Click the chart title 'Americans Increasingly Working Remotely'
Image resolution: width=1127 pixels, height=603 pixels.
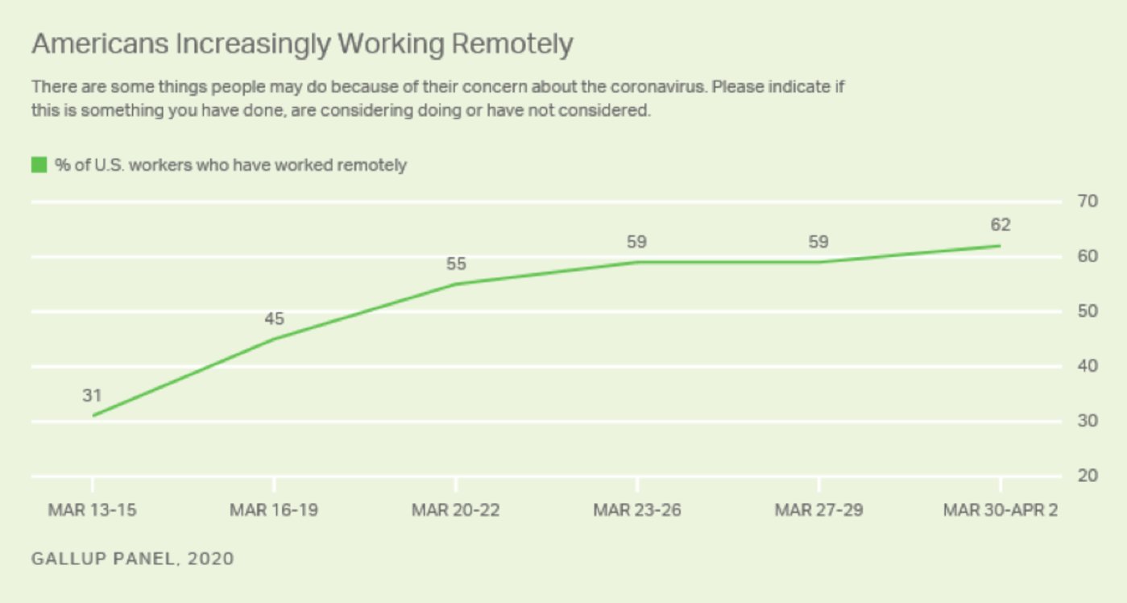pyautogui.click(x=302, y=44)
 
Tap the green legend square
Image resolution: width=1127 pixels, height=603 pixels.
pyautogui.click(x=39, y=165)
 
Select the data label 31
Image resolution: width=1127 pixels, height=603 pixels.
pyautogui.click(x=92, y=396)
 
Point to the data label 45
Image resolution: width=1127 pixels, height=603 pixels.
pyautogui.click(x=274, y=318)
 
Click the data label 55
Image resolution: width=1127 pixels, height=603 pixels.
pyautogui.click(x=456, y=264)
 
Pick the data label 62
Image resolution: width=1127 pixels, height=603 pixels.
pyautogui.click(x=1001, y=224)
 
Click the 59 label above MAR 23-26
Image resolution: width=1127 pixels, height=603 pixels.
pyautogui.click(x=636, y=242)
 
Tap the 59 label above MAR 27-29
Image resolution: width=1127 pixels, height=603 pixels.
pyautogui.click(x=818, y=242)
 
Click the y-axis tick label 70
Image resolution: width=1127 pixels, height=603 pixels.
pyautogui.click(x=1088, y=202)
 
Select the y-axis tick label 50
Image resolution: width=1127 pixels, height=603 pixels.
pyautogui.click(x=1088, y=311)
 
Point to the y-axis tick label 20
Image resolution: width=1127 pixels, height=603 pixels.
pyautogui.click(x=1088, y=476)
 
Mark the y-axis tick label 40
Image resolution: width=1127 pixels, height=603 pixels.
pyautogui.click(x=1088, y=366)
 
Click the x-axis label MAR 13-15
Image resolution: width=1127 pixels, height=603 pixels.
pyautogui.click(x=92, y=510)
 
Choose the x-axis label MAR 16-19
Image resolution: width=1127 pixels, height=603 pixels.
pyautogui.click(x=274, y=510)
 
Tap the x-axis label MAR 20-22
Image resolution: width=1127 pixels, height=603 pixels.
pyautogui.click(x=455, y=510)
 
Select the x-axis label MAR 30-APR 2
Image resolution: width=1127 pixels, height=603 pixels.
pyautogui.click(x=1001, y=510)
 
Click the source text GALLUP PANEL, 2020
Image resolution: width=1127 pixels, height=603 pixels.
pyautogui.click(x=133, y=559)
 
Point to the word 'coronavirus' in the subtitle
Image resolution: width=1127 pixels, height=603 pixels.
pyautogui.click(x=659, y=87)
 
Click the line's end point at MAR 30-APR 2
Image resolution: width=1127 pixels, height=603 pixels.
pyautogui.click(x=1001, y=246)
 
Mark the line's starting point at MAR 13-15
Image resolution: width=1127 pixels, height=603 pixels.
pyautogui.click(x=93, y=416)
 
